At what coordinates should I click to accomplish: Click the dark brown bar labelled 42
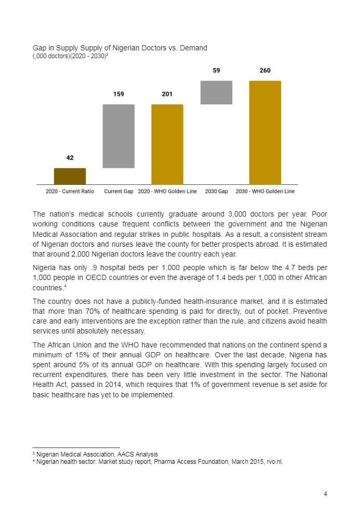70,176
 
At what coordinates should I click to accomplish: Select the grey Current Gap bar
118,136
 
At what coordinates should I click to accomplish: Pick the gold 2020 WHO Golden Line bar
167,144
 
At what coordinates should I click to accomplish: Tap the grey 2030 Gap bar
216,92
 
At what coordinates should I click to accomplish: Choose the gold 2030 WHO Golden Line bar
265,132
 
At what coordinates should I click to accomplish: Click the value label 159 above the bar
118,94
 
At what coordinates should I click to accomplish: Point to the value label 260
265,71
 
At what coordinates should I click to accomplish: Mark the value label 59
216,71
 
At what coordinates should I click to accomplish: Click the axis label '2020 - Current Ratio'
70,192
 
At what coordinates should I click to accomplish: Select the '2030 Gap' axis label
216,192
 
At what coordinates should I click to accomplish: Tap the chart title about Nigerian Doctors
119,48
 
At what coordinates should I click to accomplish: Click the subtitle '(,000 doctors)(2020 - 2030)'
70,56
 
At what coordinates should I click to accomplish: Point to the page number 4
325,494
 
